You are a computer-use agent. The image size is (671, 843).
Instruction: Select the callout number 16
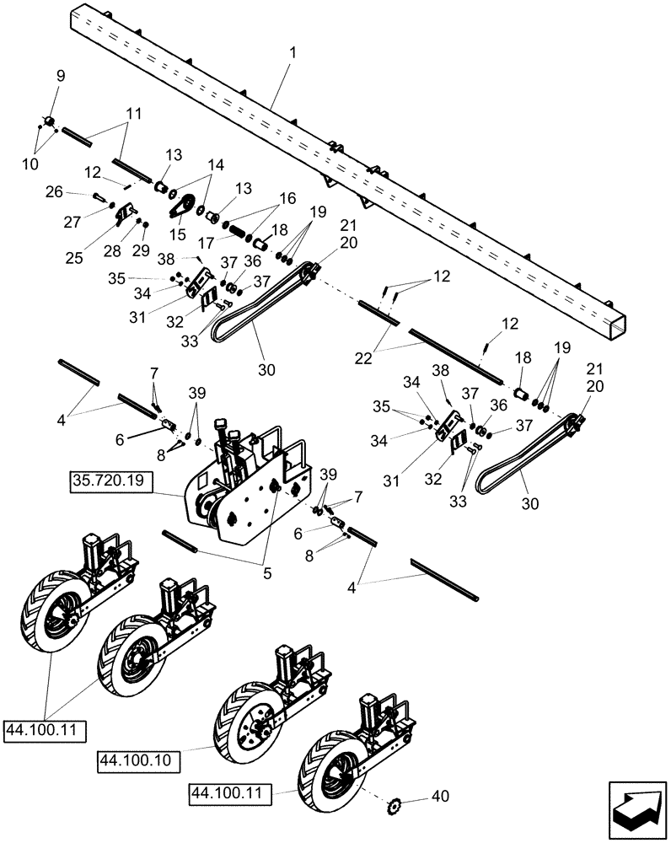point(288,198)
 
